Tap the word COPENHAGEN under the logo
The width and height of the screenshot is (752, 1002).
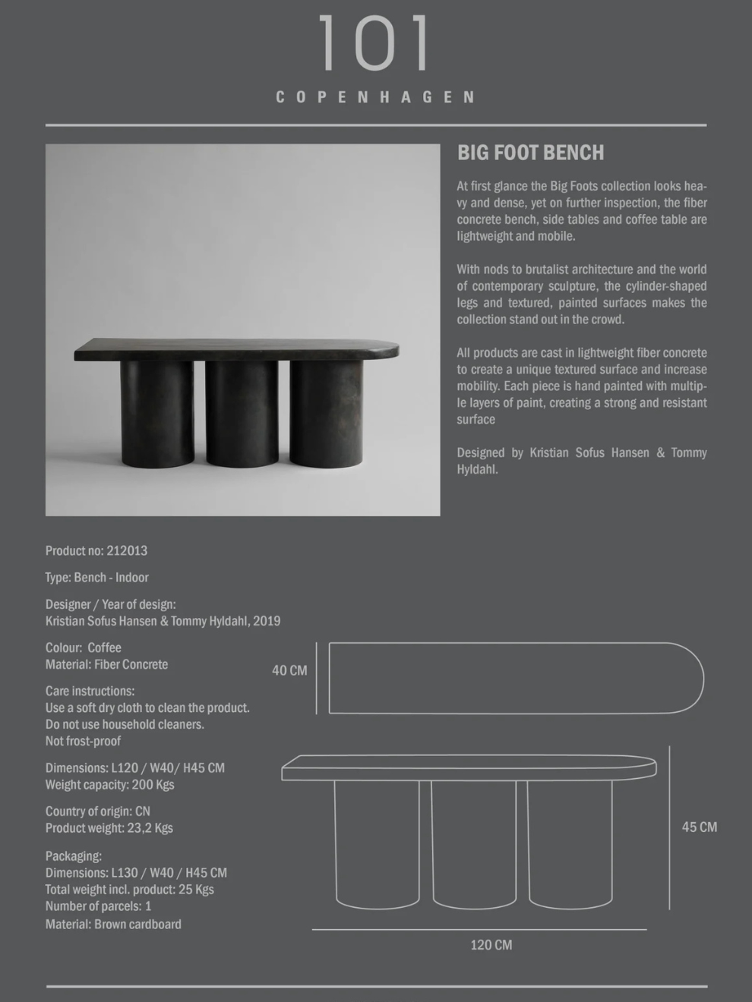pos(376,97)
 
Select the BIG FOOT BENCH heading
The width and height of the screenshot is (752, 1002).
pos(530,153)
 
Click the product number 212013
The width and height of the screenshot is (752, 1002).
pos(127,551)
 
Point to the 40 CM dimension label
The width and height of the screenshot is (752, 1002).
pos(289,671)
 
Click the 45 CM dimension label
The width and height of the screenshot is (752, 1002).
pos(699,827)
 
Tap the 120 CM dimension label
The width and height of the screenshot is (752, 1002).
pos(491,945)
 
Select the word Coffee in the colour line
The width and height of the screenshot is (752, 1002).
pos(104,648)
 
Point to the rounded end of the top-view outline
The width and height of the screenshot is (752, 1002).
pos(687,678)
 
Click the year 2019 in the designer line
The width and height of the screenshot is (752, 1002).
pos(267,621)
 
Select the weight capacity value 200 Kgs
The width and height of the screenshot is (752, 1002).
pos(153,785)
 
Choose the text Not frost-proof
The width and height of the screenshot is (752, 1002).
pos(83,741)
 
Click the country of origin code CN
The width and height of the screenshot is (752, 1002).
pos(142,811)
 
